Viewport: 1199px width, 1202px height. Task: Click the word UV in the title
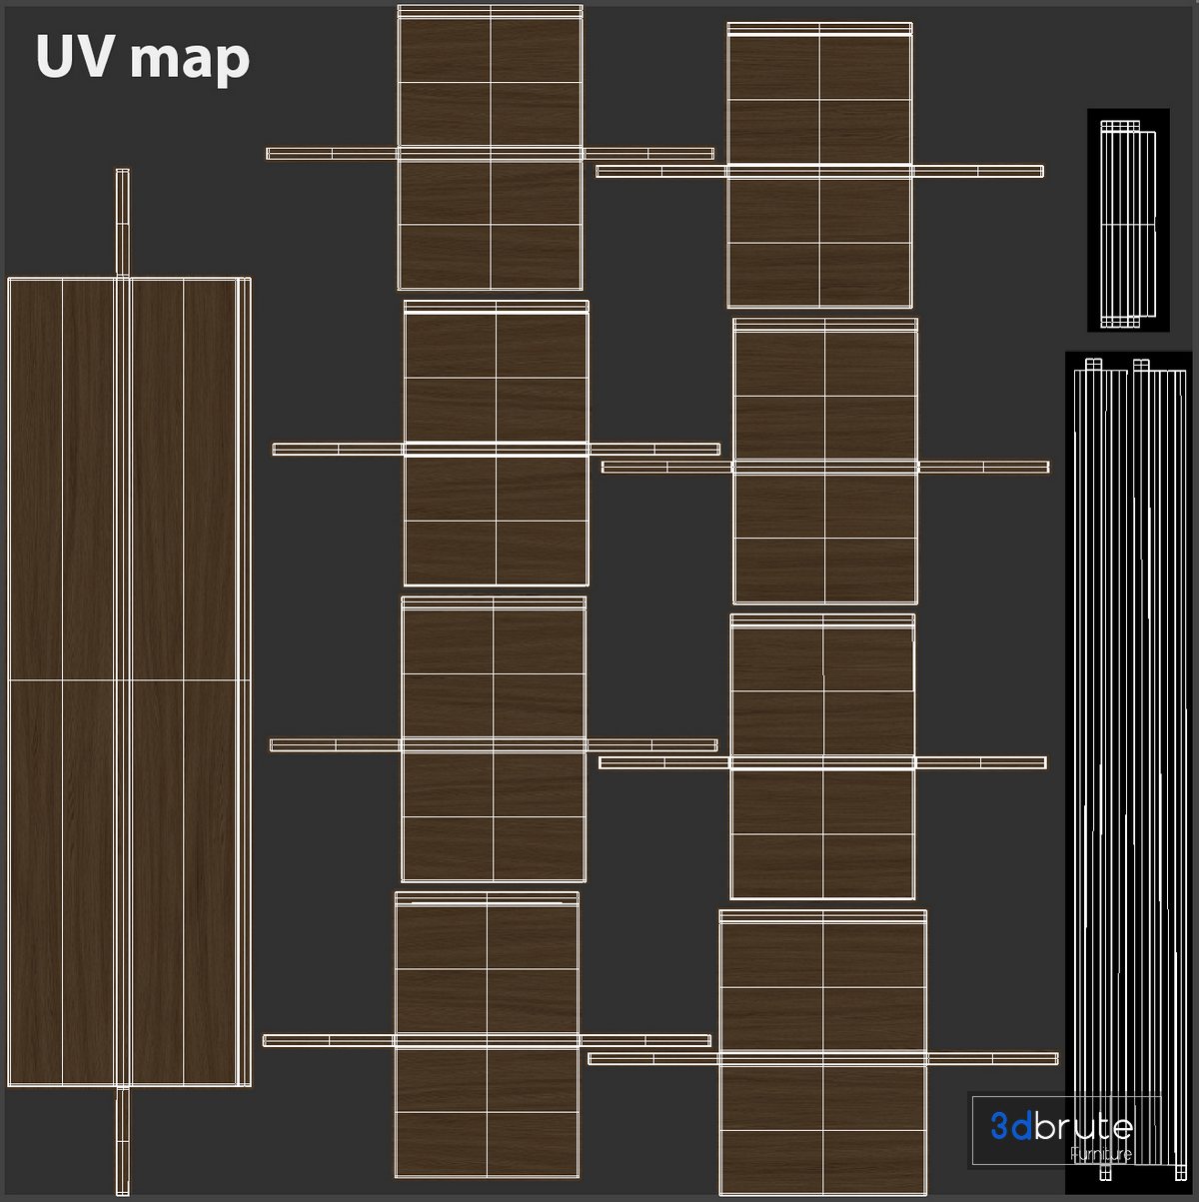73,57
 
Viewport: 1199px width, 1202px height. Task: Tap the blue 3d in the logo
1010,1127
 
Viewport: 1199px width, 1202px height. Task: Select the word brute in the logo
1083,1127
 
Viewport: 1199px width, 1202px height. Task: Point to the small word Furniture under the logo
1100,1155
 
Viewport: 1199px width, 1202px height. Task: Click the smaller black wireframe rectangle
1127,220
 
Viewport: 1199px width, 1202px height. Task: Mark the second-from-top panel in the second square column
825,461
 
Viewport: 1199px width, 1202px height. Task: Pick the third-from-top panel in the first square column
494,739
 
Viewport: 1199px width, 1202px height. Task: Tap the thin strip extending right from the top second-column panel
978,171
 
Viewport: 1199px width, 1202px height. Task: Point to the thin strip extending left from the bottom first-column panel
328,1040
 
